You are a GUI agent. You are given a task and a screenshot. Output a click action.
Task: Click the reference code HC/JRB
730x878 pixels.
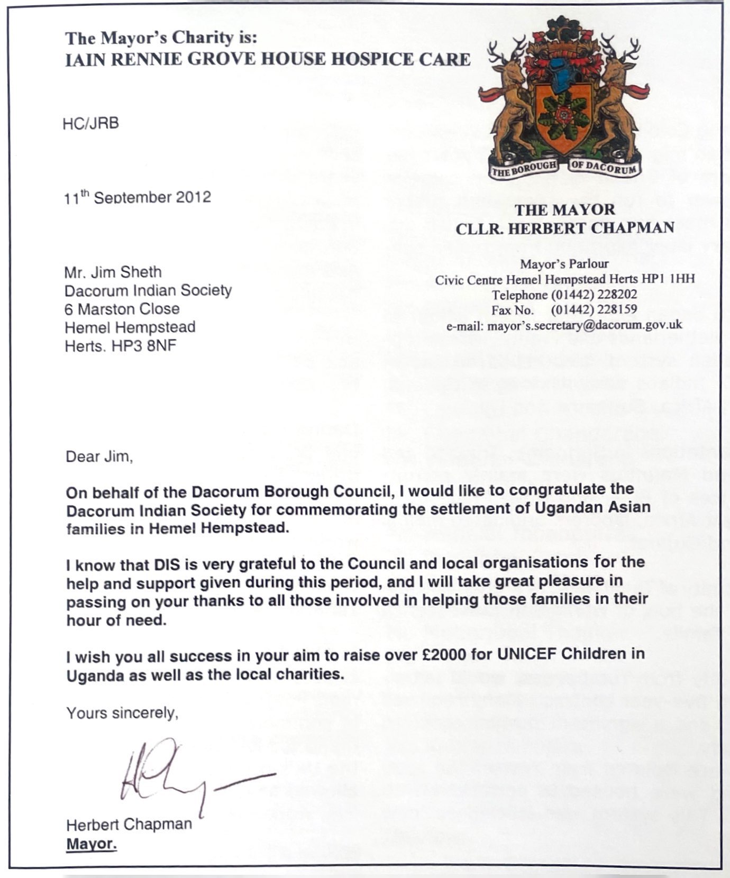click(90, 123)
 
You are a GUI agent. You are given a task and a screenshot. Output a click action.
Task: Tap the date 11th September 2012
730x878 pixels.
click(138, 197)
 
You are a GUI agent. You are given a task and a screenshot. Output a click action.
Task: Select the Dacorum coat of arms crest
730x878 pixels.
click(564, 98)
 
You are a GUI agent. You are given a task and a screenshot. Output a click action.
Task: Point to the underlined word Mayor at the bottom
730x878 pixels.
click(91, 843)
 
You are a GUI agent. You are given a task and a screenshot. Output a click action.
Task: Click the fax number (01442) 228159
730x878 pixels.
click(594, 309)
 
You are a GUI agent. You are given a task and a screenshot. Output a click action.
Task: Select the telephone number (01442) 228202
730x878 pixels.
click(594, 294)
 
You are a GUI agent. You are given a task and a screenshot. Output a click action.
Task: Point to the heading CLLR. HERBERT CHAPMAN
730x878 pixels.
click(565, 227)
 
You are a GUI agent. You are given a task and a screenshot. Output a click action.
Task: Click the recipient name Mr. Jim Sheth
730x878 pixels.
click(113, 272)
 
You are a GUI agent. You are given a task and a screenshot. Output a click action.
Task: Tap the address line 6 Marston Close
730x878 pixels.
click(122, 309)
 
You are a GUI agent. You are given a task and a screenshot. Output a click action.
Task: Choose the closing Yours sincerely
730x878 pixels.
click(122, 713)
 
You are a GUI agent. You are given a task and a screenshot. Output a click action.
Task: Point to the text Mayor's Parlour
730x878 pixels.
click(564, 263)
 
